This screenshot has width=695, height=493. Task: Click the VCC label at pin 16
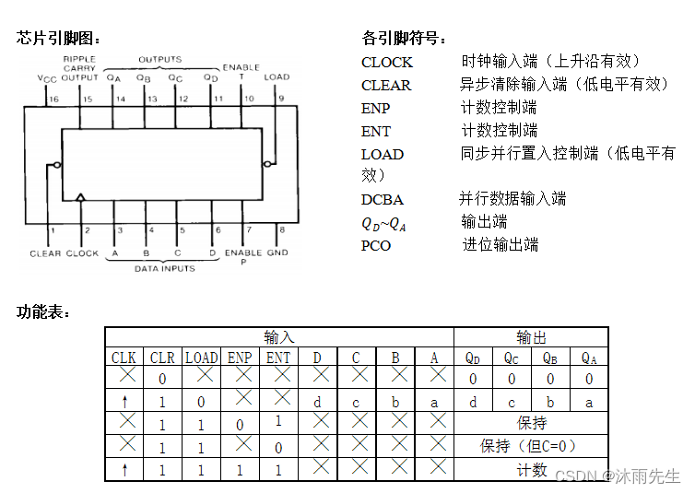[x=48, y=79]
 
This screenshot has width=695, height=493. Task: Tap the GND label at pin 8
[x=277, y=252]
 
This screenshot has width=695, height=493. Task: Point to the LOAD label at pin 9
[x=277, y=76]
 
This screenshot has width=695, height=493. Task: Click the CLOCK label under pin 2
[x=82, y=252]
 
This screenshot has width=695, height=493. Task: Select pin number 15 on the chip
[x=88, y=99]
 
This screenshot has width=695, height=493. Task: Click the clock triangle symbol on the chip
[x=81, y=197]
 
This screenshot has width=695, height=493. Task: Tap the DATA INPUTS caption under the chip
[x=165, y=268]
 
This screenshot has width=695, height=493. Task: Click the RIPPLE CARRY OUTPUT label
[x=79, y=68]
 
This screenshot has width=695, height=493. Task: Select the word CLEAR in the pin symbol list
[x=386, y=85]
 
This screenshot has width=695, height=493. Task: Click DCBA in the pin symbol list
[x=383, y=199]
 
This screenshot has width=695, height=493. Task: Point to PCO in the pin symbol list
[x=376, y=245]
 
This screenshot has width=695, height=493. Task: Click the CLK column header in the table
[x=124, y=358]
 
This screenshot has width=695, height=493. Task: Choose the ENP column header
[x=240, y=358]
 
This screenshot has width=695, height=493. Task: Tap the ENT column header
[x=277, y=358]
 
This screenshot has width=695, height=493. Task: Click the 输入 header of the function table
[x=278, y=337]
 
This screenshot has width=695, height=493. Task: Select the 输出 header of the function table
[x=531, y=337]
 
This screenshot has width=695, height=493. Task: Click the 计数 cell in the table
[x=532, y=470]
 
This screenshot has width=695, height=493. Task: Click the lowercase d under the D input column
[x=317, y=402]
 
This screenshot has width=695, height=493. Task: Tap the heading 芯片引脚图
[x=57, y=38]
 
